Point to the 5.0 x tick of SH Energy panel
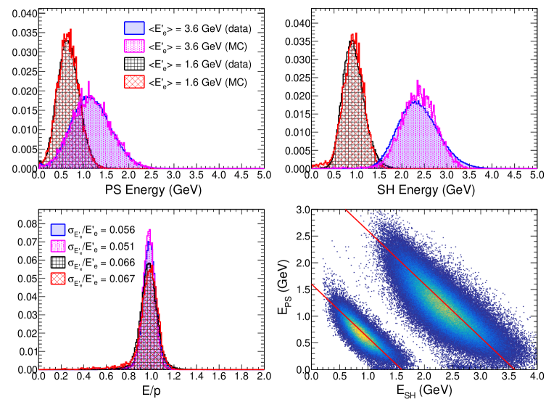click(x=536, y=176)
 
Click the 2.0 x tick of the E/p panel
click(x=263, y=377)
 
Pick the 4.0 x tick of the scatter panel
click(x=536, y=377)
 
